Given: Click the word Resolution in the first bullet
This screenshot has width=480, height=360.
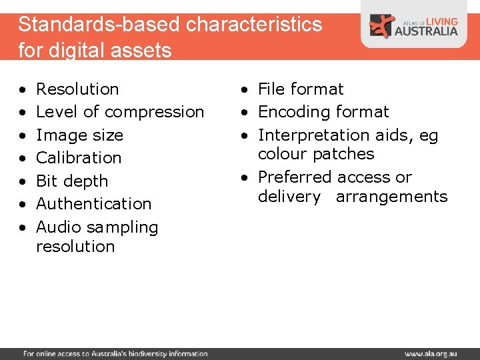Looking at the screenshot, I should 77,89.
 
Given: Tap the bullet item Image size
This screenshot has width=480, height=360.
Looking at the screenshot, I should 79,135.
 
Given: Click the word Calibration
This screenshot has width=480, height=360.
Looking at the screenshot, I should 79,158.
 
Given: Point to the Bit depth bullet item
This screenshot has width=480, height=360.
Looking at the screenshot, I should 71,181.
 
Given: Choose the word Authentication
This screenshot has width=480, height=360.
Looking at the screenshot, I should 93,204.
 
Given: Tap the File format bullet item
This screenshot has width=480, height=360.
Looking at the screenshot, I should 301,89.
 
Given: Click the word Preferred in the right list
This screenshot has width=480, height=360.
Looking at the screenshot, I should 295,177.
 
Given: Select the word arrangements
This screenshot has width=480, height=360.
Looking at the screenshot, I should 391,197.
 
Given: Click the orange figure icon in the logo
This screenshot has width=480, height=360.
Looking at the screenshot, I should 382,25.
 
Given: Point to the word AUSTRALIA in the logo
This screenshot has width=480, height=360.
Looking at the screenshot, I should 426,31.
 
